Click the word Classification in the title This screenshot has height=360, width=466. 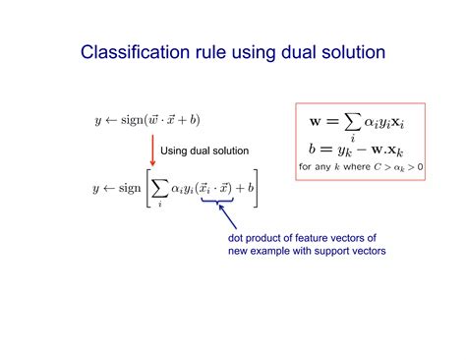[x=128, y=51]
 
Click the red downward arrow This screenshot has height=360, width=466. [x=152, y=149]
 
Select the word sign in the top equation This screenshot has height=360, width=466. [x=131, y=119]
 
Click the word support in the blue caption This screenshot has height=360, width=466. [x=344, y=252]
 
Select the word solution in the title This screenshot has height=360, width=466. [x=351, y=51]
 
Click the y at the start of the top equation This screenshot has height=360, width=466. [x=97, y=121]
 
